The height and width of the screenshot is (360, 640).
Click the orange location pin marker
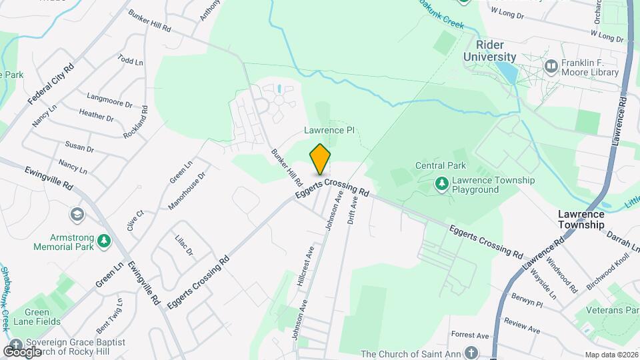[320, 159]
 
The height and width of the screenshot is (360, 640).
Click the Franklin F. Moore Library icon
[551, 66]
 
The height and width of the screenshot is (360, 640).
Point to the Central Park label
[440, 165]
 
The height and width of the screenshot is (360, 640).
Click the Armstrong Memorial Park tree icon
[103, 241]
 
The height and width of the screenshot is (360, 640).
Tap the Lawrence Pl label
[329, 131]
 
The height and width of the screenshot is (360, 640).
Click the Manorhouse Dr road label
[187, 191]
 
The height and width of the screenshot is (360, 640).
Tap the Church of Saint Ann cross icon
[471, 353]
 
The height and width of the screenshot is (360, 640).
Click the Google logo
[22, 351]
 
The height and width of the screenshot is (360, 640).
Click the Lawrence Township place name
[581, 219]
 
